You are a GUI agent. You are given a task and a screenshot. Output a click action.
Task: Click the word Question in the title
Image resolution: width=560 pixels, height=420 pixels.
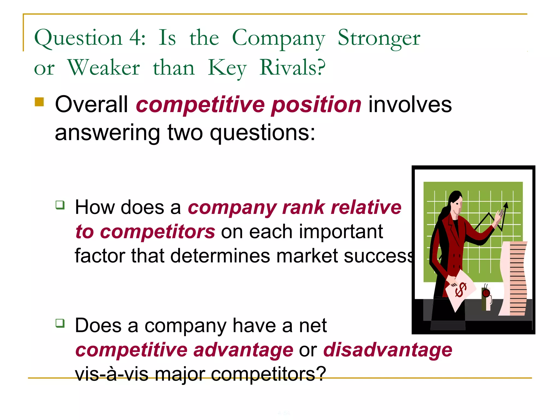pos(78,38)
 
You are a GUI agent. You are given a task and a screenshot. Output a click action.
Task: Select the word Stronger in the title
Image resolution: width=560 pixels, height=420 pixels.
pos(379,38)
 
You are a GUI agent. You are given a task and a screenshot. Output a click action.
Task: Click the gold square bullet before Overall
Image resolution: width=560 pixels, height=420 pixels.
pos(39,102)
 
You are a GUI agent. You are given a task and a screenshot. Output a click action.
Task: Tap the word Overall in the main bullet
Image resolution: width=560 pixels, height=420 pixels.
pos(91,104)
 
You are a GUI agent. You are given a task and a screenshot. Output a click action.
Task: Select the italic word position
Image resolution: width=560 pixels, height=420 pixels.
pos(316,105)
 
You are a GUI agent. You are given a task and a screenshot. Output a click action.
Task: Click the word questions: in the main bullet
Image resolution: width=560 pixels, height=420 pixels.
pos(262,133)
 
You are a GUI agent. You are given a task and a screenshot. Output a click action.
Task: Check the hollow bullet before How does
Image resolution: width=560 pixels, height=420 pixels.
pos(60,205)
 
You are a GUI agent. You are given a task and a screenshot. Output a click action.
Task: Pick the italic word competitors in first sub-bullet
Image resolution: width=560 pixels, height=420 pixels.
pos(157,232)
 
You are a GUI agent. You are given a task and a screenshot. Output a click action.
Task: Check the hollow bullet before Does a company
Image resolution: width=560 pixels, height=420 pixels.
pos(60,323)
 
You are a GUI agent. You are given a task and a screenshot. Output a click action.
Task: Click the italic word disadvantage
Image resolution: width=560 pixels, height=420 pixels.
pos(387,350)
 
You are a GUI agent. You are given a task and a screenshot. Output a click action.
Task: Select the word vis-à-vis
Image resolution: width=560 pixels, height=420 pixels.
pos(112,374)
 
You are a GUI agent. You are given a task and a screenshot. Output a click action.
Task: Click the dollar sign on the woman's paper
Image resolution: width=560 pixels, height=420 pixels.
pos(460,290)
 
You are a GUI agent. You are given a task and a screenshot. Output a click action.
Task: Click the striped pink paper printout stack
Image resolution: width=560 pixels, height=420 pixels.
pos(514,279)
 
